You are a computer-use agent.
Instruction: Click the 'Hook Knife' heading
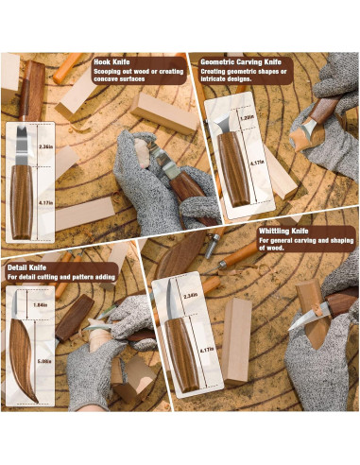click(x=117, y=61)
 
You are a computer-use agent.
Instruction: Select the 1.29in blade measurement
click(x=248, y=118)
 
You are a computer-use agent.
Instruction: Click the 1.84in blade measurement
click(x=42, y=305)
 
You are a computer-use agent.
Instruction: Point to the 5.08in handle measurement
click(x=42, y=360)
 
